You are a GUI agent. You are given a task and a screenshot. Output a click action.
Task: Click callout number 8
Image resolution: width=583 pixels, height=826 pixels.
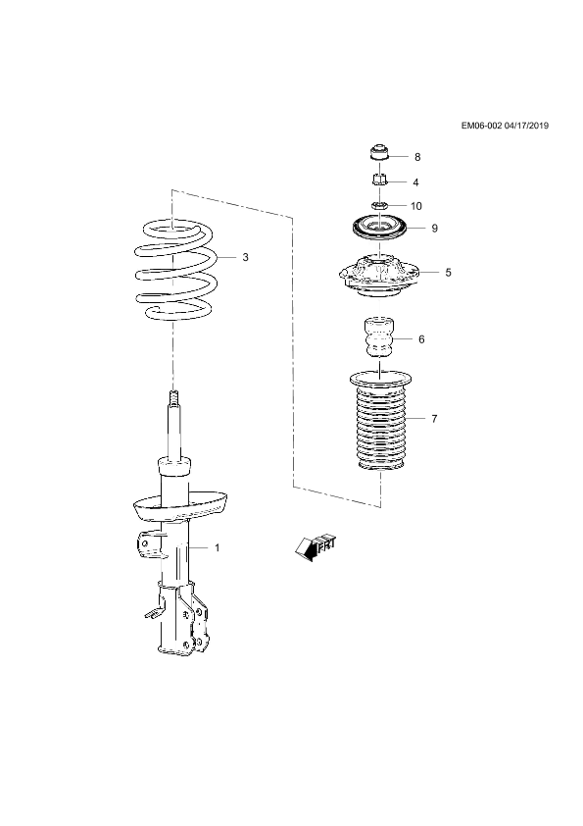coord(417,157)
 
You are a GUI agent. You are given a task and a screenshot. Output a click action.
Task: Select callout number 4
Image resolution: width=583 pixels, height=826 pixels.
coord(415,182)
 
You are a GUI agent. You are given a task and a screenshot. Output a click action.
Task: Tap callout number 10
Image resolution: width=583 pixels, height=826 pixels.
coord(416,206)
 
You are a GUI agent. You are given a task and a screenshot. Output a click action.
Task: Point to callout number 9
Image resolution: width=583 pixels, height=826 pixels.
coord(435,229)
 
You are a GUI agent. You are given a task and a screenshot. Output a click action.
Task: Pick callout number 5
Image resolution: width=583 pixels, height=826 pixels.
coord(448,273)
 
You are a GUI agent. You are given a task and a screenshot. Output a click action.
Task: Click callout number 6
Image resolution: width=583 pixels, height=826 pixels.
coord(421,339)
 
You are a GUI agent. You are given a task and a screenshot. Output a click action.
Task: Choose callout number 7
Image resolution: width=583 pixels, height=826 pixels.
coord(434,419)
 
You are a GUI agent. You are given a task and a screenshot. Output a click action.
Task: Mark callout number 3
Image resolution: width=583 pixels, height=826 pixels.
coord(245,257)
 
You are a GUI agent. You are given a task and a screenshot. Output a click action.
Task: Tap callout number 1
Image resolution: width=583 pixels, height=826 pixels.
coord(218,547)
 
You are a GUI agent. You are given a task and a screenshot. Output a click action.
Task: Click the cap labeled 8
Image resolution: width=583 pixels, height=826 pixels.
coord(379,152)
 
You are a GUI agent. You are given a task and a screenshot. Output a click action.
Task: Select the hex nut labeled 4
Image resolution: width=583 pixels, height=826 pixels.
coord(379,181)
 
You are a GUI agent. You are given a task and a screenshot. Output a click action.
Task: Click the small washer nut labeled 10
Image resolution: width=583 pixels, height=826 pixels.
coord(379,204)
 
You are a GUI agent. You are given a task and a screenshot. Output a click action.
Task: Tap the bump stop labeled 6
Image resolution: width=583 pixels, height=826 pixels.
coord(379,337)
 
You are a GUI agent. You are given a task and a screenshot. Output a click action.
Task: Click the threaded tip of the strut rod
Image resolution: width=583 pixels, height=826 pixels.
coord(173,397)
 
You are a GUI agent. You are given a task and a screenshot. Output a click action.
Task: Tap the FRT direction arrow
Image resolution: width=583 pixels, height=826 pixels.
coord(316,547)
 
